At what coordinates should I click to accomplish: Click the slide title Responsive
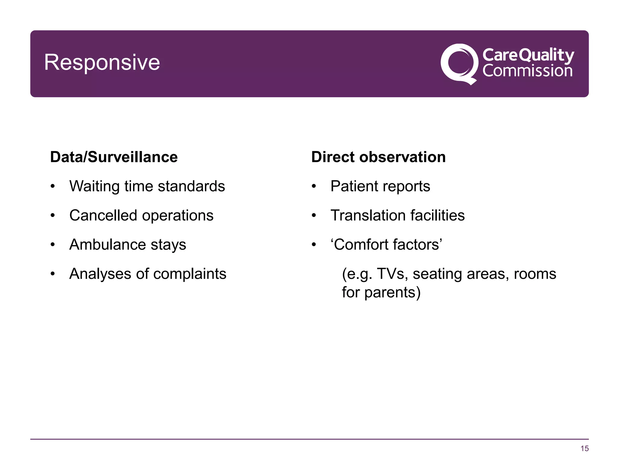(x=102, y=62)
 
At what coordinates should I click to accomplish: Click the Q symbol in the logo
(x=459, y=64)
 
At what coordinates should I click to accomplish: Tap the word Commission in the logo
(x=527, y=71)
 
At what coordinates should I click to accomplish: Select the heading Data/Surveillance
(x=114, y=157)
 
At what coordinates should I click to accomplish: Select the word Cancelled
(x=103, y=216)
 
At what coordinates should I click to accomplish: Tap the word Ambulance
(x=108, y=244)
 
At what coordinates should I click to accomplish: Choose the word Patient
(x=352, y=186)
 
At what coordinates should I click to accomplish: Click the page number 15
(x=584, y=449)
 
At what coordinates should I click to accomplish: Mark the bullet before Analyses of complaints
(x=53, y=274)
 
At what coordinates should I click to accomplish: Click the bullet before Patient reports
(x=314, y=186)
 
